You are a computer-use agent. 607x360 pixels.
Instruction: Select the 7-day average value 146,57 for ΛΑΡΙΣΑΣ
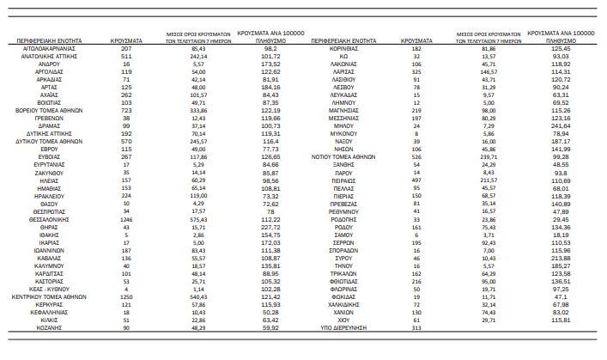[489, 71]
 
